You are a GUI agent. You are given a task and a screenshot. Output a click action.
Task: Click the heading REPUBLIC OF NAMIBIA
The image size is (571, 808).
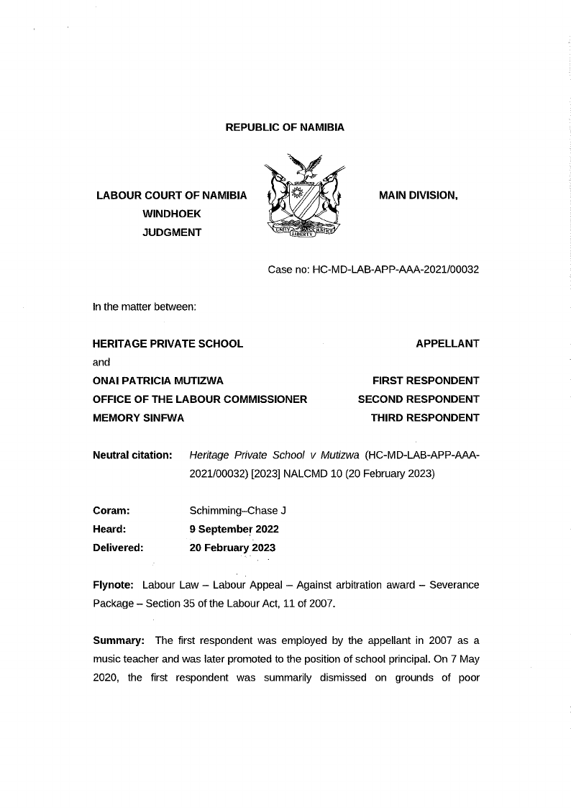click(x=285, y=127)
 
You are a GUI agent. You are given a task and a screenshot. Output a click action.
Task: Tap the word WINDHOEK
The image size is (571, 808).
click(x=172, y=214)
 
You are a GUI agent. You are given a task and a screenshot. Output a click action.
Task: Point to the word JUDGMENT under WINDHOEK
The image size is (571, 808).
click(x=172, y=232)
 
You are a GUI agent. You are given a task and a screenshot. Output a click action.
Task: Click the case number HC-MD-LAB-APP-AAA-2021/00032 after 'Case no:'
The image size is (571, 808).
click(x=395, y=270)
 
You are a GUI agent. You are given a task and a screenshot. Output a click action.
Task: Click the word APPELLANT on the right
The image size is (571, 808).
click(x=447, y=343)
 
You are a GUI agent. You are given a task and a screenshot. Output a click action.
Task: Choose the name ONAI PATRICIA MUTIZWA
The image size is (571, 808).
click(x=163, y=381)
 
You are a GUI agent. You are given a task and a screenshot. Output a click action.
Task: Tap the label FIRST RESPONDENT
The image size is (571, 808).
click(x=426, y=381)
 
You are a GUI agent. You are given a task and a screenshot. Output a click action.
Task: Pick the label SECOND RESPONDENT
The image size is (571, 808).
click(x=419, y=399)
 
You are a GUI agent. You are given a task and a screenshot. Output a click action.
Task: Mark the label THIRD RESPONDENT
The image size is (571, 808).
click(x=425, y=417)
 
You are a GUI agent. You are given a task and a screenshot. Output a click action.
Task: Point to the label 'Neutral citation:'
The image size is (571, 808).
click(x=132, y=455)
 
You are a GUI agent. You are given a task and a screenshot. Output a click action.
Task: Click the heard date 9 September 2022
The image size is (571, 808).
click(x=234, y=529)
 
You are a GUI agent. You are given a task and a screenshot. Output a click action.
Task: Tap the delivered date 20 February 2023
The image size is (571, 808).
click(x=232, y=548)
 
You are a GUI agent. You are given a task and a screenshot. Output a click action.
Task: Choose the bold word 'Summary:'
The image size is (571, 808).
click(x=119, y=641)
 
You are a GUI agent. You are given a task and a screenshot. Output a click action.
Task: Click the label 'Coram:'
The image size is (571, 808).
click(x=111, y=511)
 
